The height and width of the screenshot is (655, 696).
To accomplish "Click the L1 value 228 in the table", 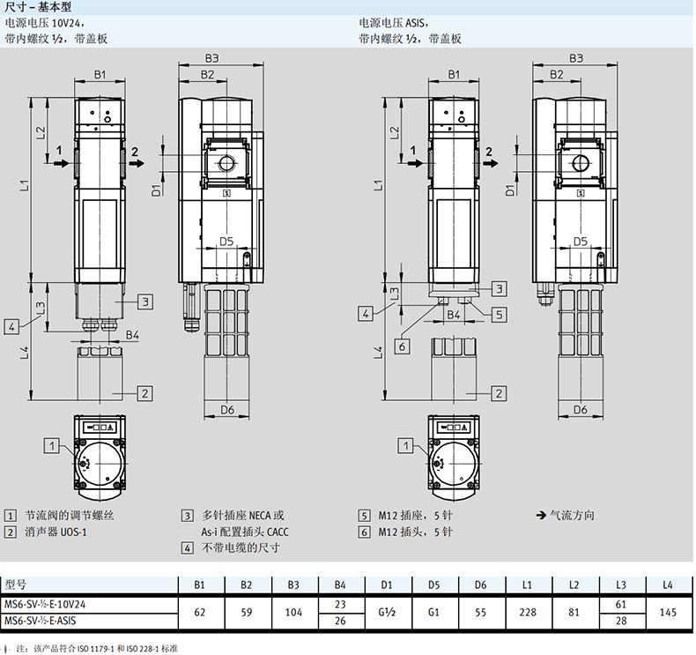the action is (x=528, y=613).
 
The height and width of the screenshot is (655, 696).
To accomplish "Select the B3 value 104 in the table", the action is (x=293, y=613).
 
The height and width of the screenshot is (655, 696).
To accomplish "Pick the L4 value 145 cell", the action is (x=668, y=613).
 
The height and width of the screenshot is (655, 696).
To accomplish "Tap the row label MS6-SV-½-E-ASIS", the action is (x=41, y=621).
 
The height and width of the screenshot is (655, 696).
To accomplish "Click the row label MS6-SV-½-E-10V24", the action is (x=45, y=605).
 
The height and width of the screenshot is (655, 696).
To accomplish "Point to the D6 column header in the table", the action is (x=480, y=584).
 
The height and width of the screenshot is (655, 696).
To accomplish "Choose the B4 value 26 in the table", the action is (x=340, y=621).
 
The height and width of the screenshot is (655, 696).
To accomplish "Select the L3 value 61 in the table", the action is (x=620, y=605).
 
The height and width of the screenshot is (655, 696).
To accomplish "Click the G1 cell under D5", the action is (x=433, y=613).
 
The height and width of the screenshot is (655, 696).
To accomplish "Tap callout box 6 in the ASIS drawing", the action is (x=402, y=346).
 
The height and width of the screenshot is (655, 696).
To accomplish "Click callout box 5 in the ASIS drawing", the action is (x=500, y=315).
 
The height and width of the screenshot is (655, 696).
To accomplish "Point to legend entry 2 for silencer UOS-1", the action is (x=46, y=532).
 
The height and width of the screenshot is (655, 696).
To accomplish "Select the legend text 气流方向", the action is (x=572, y=515).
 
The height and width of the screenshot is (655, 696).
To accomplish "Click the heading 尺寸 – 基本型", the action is (x=38, y=7).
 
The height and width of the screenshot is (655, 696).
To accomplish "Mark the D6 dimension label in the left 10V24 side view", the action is (x=226, y=409).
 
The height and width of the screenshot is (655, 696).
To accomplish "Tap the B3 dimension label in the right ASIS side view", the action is (x=575, y=58).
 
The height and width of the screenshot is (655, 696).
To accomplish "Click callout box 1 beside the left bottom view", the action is (x=51, y=445).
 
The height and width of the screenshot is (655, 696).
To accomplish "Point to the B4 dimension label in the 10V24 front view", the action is (x=132, y=335).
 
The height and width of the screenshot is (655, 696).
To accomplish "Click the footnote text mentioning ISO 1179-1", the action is (x=97, y=649).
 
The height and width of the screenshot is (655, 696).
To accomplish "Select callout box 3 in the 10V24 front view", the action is (x=145, y=302).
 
